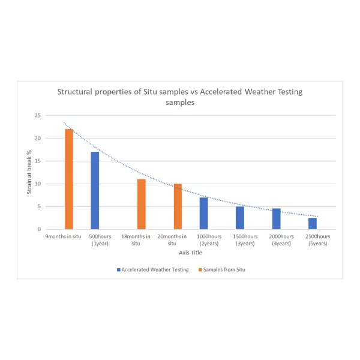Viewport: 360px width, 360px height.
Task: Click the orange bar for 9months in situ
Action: (x=69, y=179)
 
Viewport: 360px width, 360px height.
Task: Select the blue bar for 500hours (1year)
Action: (x=95, y=191)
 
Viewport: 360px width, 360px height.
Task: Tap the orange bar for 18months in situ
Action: (x=142, y=204)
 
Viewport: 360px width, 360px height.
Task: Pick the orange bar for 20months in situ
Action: (x=178, y=206)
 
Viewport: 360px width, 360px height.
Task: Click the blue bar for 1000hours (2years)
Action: (x=203, y=214)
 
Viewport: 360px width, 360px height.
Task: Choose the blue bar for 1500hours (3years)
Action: (x=240, y=218)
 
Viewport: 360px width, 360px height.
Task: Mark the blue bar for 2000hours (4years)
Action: (x=276, y=219)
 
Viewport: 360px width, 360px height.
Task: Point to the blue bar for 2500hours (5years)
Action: (x=313, y=224)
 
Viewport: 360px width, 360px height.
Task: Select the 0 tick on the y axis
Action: (x=40, y=229)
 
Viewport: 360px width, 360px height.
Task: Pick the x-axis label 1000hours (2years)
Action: (x=208, y=240)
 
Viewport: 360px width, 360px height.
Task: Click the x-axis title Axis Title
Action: (x=191, y=253)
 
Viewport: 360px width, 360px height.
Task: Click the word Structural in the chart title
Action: (x=76, y=92)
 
